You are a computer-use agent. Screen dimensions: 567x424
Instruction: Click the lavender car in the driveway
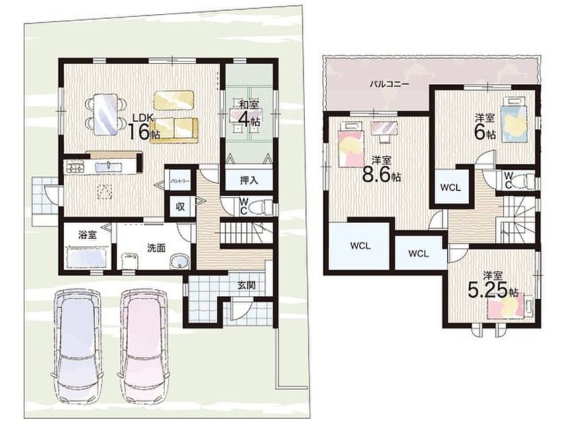[78, 345]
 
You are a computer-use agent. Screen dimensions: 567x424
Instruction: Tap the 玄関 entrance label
[246, 285]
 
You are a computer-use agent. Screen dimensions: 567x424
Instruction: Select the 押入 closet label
[249, 180]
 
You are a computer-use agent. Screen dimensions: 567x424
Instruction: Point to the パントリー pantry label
[180, 181]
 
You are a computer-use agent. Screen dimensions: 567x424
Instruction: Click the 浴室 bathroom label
[87, 235]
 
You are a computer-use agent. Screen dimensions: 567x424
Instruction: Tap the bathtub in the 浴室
[88, 257]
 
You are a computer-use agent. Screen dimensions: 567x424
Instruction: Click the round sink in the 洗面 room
[179, 262]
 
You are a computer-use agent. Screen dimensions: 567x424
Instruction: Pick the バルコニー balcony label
[389, 84]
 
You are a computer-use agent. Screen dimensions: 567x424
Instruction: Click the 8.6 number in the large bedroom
[376, 176]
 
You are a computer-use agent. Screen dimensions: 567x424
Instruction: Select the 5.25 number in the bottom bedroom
[488, 290]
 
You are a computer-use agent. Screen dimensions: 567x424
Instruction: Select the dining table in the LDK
[106, 114]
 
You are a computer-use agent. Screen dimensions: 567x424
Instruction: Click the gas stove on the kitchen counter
[75, 168]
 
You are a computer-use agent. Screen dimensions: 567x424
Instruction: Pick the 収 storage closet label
[180, 207]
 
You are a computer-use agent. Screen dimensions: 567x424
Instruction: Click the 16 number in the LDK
[139, 132]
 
